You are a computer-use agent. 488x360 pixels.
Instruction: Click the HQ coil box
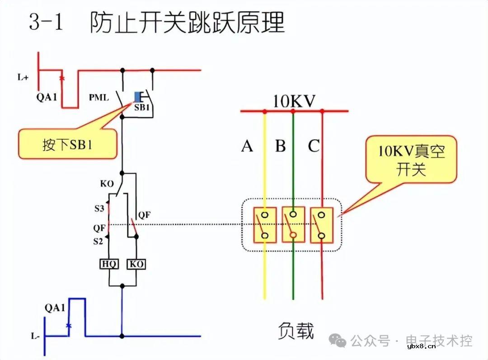click(x=109, y=264)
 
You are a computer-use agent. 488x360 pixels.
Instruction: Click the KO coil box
click(x=136, y=264)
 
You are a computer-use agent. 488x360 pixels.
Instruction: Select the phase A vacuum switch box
click(x=265, y=225)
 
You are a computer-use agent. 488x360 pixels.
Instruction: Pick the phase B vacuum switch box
click(x=293, y=225)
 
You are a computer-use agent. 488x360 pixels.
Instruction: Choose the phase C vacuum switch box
click(x=322, y=225)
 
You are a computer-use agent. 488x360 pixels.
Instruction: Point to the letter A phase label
click(x=247, y=146)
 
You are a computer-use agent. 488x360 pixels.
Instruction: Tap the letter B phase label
click(x=281, y=146)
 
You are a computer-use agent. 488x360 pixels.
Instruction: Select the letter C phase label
click(x=314, y=146)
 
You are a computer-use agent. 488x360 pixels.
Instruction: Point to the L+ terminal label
click(x=23, y=77)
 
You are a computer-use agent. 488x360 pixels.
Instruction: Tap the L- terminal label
click(x=36, y=336)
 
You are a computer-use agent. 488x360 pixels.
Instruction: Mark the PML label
click(x=99, y=97)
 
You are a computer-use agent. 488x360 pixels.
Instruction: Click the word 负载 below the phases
click(x=296, y=330)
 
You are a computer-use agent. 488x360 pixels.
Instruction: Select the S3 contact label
click(x=99, y=208)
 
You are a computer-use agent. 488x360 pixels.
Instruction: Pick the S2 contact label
click(x=99, y=242)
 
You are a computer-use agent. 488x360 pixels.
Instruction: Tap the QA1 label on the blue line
click(x=55, y=308)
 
